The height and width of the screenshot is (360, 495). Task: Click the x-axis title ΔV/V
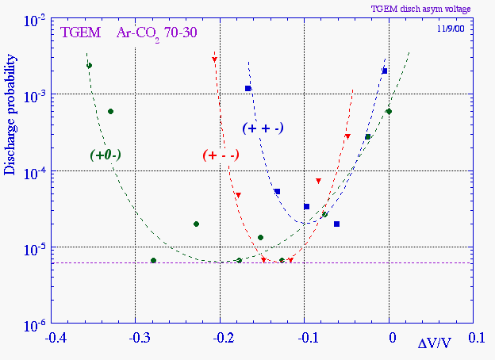pos(436,343)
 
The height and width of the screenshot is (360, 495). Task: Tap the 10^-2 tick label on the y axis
pos(33,19)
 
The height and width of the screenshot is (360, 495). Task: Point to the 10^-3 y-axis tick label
pos(33,95)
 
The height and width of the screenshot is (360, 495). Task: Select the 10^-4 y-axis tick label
pos(33,172)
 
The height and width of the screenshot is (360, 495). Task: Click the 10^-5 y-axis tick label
pos(33,248)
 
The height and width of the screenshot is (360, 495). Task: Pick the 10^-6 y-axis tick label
pos(33,324)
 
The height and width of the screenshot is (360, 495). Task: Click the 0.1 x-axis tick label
pos(477,338)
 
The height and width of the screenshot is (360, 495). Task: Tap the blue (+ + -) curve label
pos(263,127)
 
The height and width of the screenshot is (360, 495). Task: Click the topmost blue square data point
pos(385,71)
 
